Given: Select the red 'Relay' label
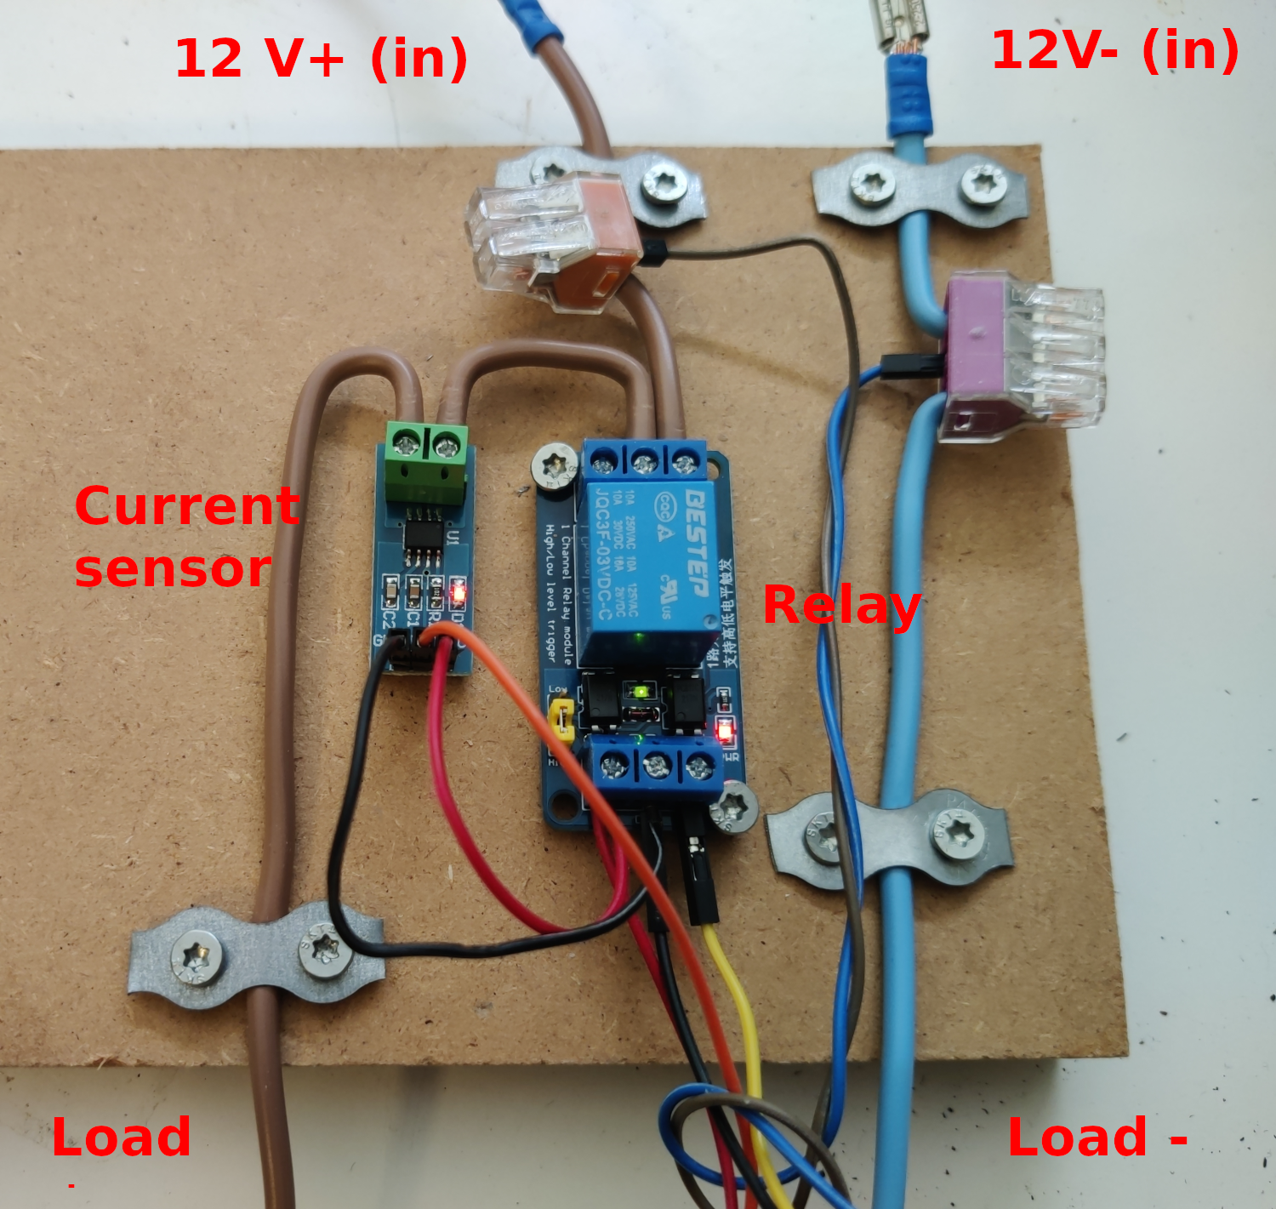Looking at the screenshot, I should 840,605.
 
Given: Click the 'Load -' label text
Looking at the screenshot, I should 1097,1137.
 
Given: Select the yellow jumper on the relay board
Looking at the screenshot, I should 561,720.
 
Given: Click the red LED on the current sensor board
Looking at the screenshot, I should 459,590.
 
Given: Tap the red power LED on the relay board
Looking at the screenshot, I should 725,730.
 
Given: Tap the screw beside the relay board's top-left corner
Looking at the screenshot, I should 554,467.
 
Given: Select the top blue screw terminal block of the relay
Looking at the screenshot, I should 644,460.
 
